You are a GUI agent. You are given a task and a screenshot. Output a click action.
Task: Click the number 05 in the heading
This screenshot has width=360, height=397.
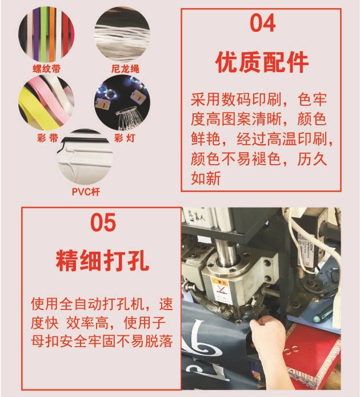[103, 223]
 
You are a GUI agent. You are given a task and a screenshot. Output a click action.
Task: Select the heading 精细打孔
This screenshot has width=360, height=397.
[103, 261]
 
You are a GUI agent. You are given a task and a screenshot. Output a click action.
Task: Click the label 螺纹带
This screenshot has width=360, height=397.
[46, 69]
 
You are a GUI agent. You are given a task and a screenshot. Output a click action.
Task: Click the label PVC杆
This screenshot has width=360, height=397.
[86, 192]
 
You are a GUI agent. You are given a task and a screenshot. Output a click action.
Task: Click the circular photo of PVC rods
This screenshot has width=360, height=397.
[85, 158]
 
